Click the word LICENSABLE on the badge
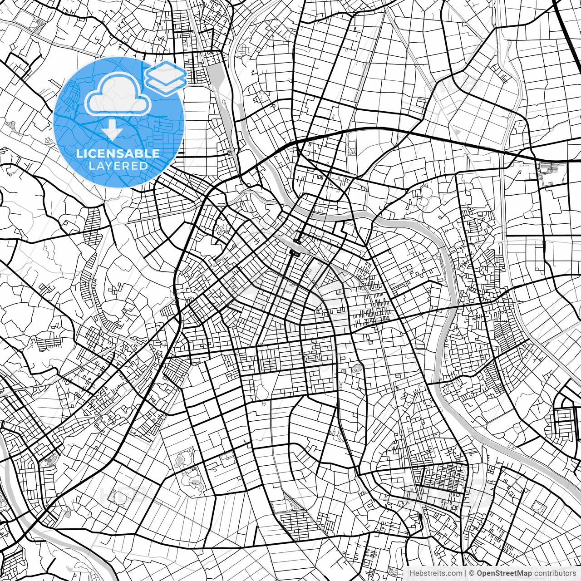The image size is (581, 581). tap(118, 153)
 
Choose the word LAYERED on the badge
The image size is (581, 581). tap(118, 166)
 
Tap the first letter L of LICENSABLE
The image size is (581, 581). tap(79, 153)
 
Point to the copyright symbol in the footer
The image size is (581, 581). tap(472, 573)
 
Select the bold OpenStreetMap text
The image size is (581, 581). tap(504, 573)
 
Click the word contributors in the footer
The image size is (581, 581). tap(555, 573)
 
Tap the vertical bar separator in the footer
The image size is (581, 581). tap(465, 573)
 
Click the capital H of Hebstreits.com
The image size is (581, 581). tap(412, 573)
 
